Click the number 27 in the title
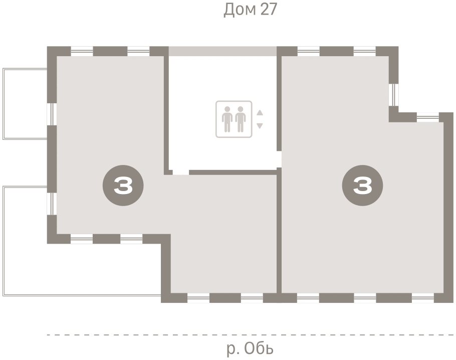pos(269,10)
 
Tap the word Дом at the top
pos(240,10)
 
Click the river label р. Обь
pos(250,348)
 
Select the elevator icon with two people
pos(234,119)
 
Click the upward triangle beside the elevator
pos(260,113)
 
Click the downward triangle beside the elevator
pos(260,126)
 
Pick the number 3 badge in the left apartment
pos(123,186)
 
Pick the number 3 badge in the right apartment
pos(362,186)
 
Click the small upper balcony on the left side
pos(25,104)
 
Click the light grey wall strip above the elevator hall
pos(222,51)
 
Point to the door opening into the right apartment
pos(279,159)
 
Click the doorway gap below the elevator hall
pos(181,172)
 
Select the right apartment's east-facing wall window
pos(394,95)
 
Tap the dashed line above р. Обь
pos(250,335)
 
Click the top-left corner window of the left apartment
pos(82,51)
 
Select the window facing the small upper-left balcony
pos(52,114)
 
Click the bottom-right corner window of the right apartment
pos(423,298)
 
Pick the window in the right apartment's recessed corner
pos(428,117)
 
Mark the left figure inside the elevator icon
pos(227,119)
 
